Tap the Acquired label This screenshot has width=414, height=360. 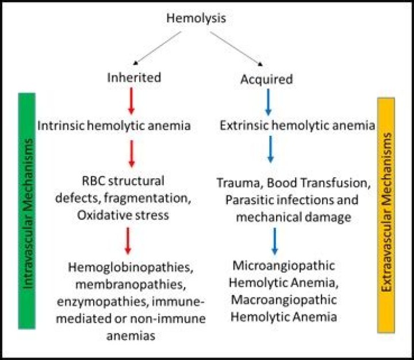pos(266,79)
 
